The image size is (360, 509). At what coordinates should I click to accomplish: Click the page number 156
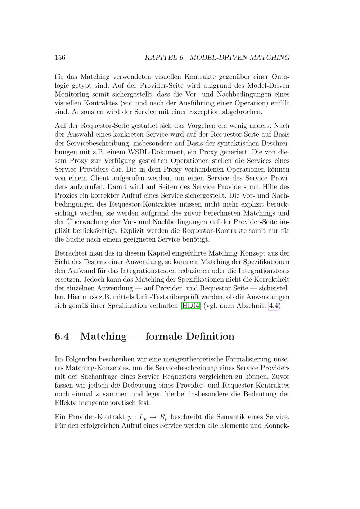[60, 58]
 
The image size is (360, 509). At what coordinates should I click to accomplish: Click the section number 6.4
[62, 336]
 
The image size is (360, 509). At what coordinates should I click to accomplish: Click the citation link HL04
[190, 306]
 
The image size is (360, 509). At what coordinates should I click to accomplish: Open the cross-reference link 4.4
[274, 306]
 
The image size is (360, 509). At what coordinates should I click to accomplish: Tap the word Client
[99, 178]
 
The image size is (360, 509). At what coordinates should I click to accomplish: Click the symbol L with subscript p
[143, 418]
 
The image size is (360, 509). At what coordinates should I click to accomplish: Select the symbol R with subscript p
[163, 418]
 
